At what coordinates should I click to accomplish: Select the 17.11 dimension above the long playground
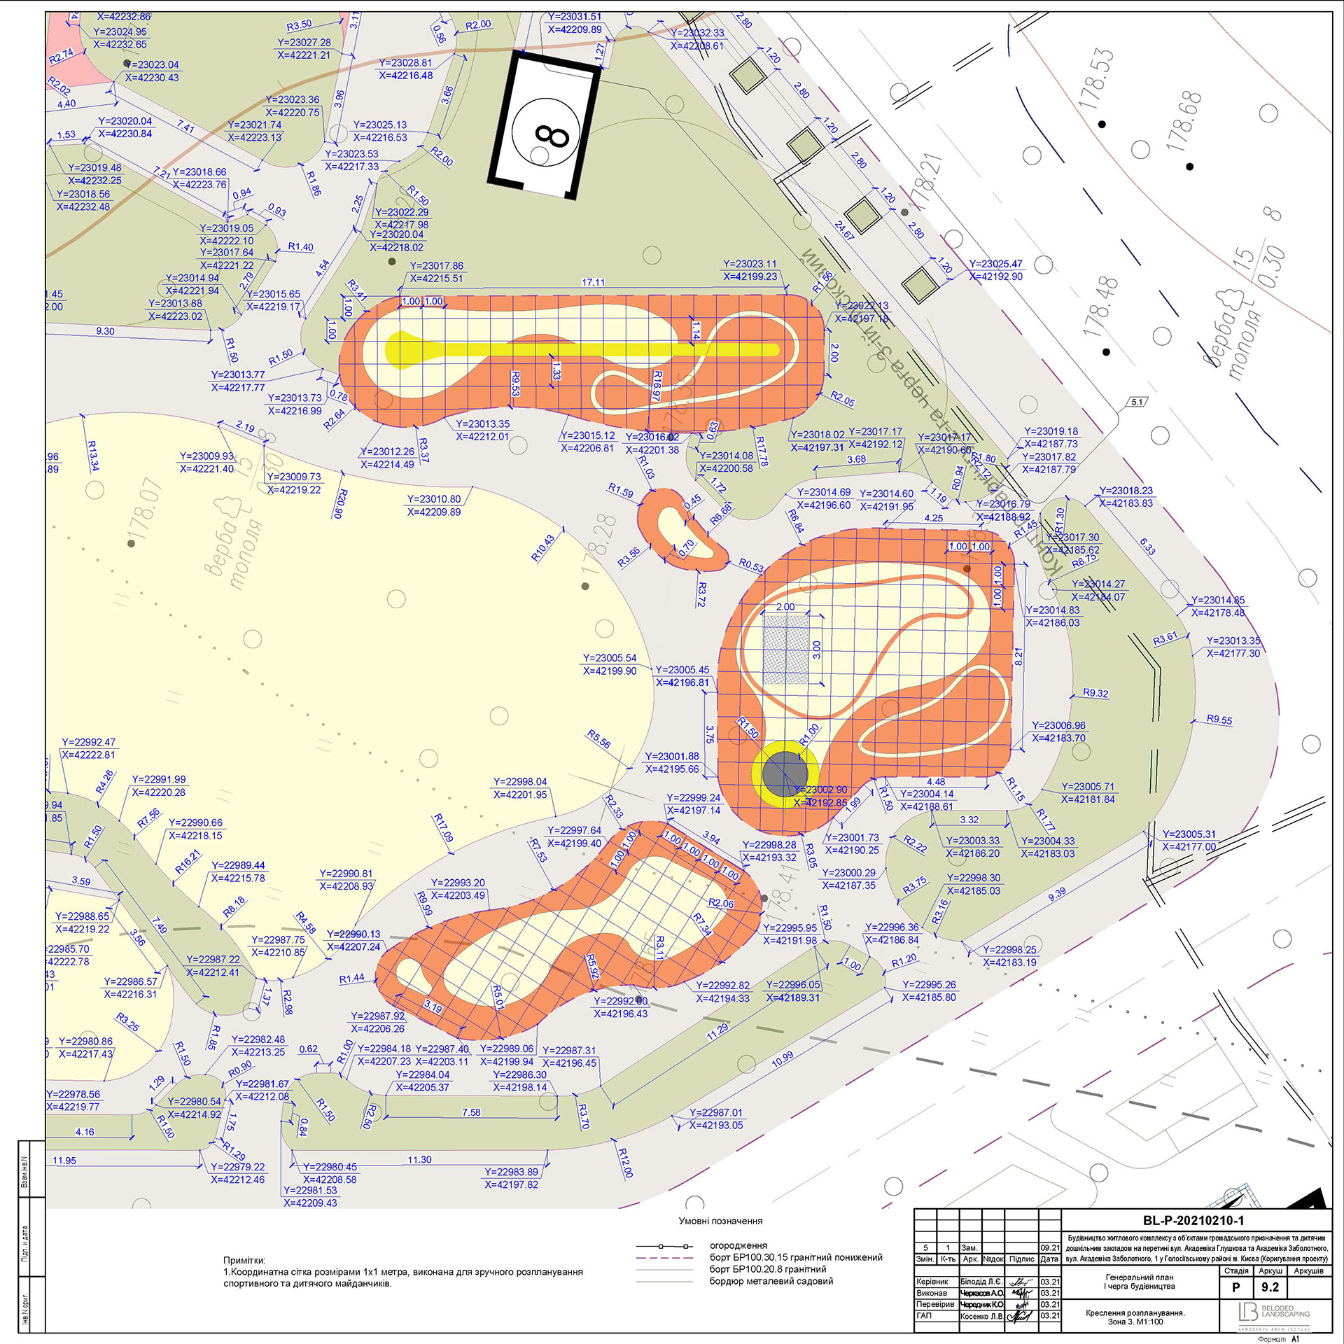point(593,282)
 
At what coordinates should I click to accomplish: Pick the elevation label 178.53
point(1095,78)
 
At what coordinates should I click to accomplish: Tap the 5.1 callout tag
point(1137,402)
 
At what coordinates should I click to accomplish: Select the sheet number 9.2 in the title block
point(1270,1287)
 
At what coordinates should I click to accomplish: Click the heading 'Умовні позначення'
point(720,1221)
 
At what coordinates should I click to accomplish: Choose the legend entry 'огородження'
point(738,1245)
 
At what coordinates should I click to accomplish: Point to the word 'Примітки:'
point(244,1260)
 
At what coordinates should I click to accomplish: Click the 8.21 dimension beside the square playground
point(1018,657)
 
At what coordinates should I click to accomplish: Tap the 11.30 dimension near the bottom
point(419,1160)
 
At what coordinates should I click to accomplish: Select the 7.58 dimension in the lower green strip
point(471,1112)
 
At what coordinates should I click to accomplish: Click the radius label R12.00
point(625,1162)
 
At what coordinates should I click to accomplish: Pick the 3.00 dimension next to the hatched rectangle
point(816,650)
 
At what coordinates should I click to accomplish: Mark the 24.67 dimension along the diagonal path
point(844,230)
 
